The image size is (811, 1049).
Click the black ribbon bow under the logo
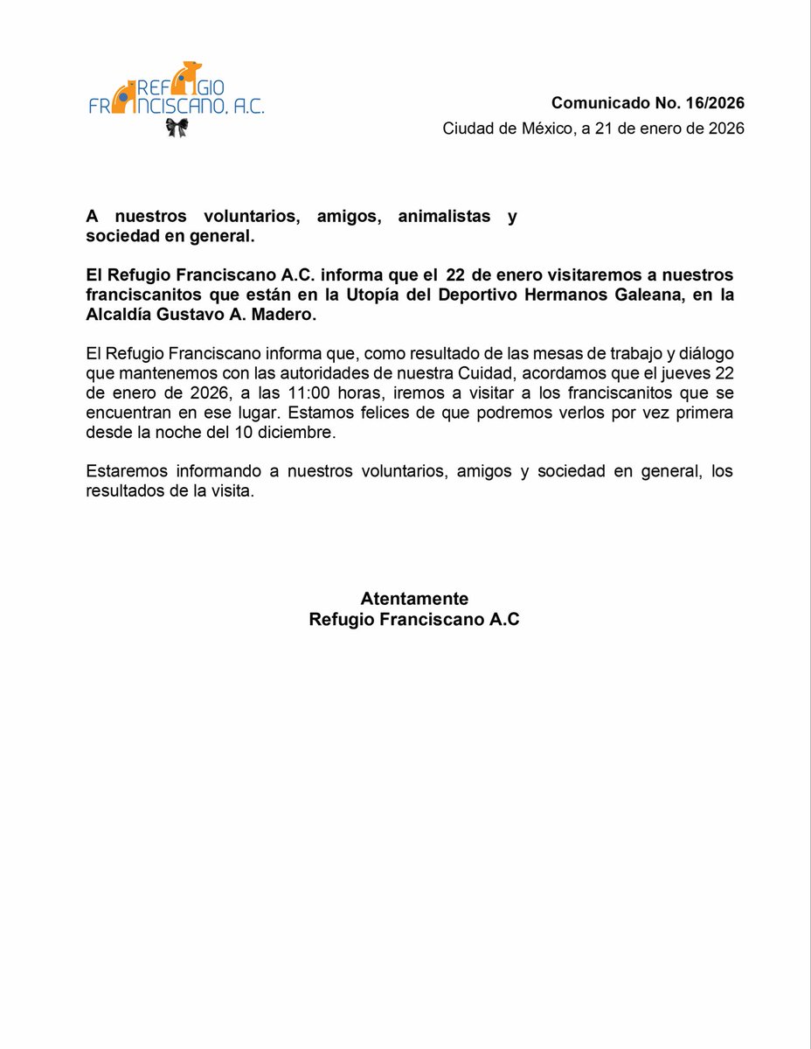click(x=178, y=129)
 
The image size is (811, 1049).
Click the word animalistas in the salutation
click(x=444, y=217)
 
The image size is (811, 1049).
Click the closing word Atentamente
click(x=414, y=599)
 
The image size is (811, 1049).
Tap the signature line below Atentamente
click(x=414, y=620)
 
